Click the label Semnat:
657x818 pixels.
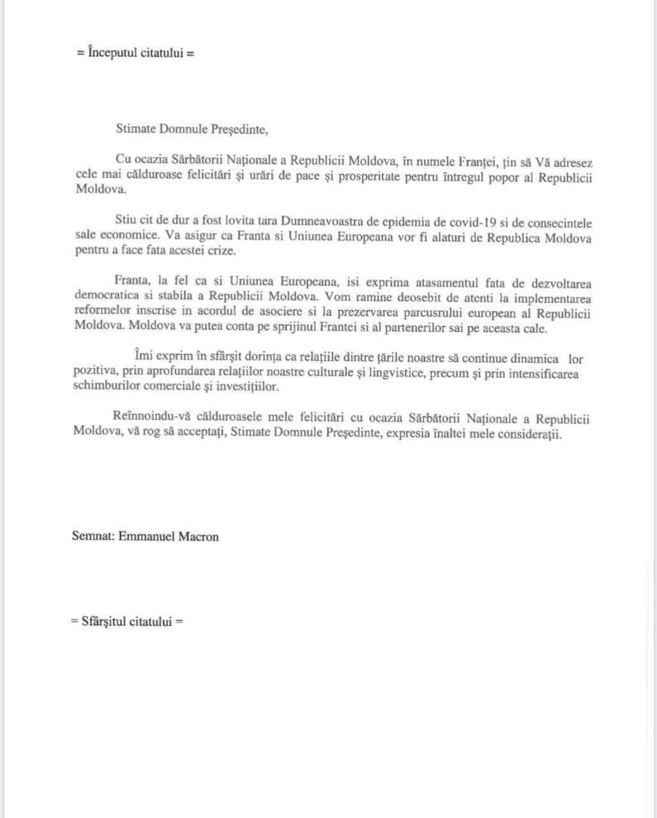pyautogui.click(x=93, y=536)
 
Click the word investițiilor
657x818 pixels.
pyautogui.click(x=240, y=387)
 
